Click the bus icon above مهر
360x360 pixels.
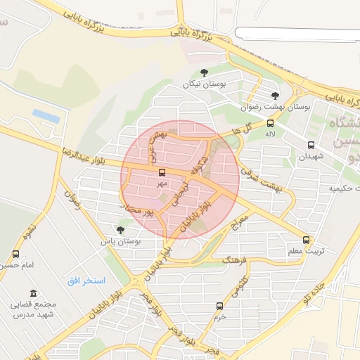[162, 172]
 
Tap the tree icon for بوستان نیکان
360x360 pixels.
[205, 72]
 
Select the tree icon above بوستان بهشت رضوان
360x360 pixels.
[275, 96]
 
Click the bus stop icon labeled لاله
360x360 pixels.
[271, 123]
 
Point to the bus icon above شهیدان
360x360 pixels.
[311, 146]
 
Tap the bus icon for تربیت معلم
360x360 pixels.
[306, 240]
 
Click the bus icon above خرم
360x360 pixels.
[220, 306]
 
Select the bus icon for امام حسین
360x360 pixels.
[16, 254]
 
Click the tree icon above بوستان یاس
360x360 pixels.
[120, 229]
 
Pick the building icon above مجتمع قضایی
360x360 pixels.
[33, 293]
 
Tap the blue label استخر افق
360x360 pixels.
[86, 281]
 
